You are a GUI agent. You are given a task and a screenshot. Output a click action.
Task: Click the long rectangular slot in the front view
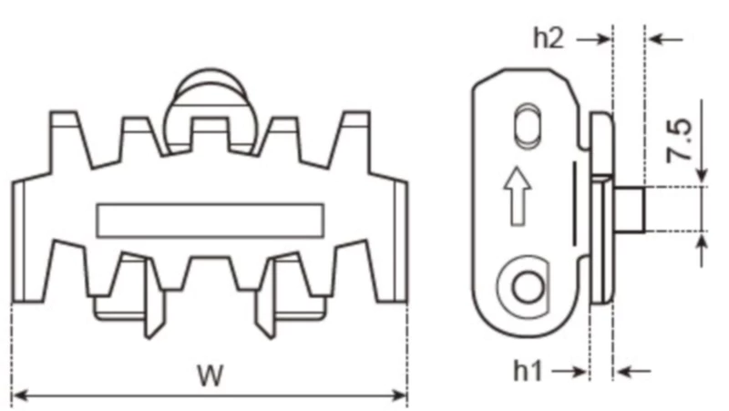[x=210, y=219]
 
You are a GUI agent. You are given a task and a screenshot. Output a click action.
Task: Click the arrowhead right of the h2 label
[x=602, y=38]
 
